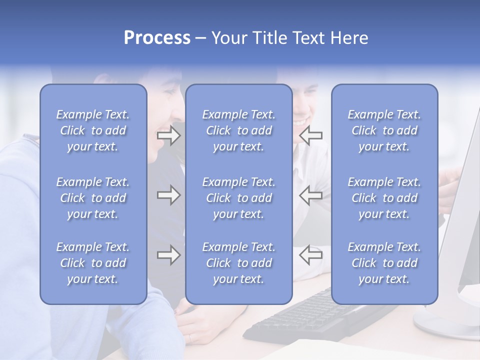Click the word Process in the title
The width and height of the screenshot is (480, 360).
click(x=157, y=38)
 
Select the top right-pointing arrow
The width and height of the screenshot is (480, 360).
click(x=168, y=136)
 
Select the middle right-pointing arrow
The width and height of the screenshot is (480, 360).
click(x=168, y=195)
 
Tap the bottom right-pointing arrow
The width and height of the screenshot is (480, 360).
click(x=168, y=255)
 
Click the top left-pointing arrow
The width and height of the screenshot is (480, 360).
click(x=310, y=135)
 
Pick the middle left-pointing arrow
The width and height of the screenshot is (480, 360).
click(x=310, y=195)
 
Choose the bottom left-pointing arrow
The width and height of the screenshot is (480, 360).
click(x=310, y=255)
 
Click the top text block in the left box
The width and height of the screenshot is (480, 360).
click(x=93, y=130)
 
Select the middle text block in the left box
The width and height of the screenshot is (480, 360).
click(x=93, y=198)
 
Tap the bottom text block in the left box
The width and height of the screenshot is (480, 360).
click(x=93, y=263)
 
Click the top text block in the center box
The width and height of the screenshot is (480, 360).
click(x=238, y=130)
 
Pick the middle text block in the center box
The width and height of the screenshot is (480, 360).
click(x=238, y=198)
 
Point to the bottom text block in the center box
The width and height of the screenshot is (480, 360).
click(x=238, y=263)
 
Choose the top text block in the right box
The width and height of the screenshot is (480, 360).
click(x=384, y=130)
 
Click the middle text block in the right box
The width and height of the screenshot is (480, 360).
click(x=384, y=198)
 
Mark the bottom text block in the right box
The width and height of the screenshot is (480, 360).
click(x=384, y=263)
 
